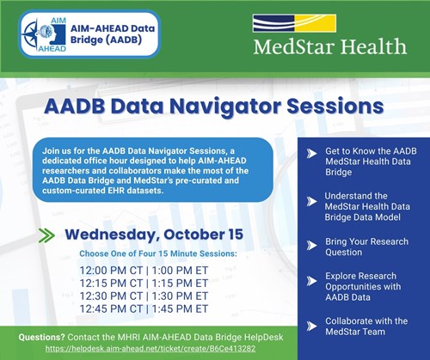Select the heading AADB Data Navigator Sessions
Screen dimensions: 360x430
click(x=215, y=107)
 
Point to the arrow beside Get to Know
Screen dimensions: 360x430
click(x=310, y=153)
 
